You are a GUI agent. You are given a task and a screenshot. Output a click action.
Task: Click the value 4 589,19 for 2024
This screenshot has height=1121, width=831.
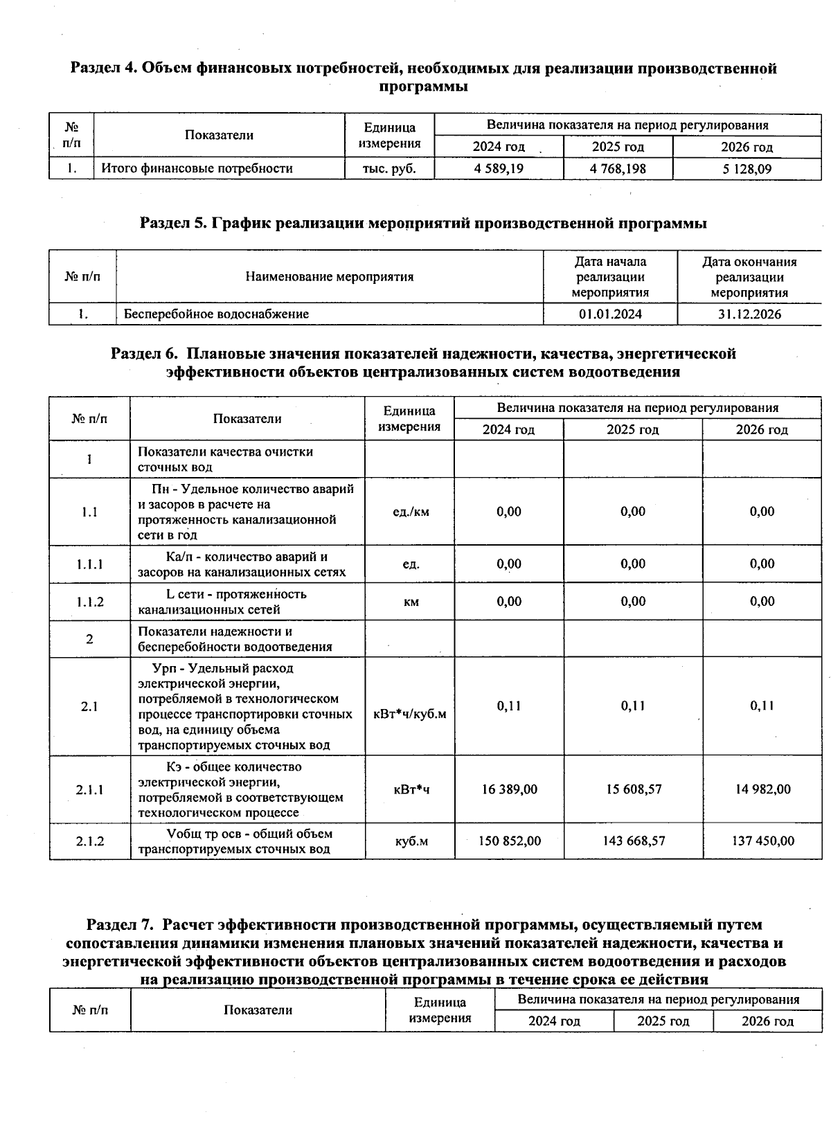[x=499, y=168]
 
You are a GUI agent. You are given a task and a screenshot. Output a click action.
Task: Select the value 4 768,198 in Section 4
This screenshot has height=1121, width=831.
[x=618, y=168]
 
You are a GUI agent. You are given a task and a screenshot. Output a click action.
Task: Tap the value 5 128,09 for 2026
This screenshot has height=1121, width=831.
[x=747, y=169]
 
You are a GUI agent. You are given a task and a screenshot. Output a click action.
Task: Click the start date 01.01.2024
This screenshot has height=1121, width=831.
[x=610, y=314]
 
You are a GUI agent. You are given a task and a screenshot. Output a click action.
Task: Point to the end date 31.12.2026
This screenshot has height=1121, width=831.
[x=749, y=314]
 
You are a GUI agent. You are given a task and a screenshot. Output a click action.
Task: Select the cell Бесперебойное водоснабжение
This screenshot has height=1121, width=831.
[x=217, y=314]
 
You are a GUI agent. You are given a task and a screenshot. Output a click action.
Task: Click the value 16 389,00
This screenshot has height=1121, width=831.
[x=509, y=789]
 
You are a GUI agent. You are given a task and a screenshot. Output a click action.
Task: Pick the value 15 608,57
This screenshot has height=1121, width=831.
[x=633, y=789]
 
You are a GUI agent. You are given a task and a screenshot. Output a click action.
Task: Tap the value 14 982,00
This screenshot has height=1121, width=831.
[x=762, y=789]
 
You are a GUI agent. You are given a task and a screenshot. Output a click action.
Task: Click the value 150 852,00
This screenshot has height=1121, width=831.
[x=510, y=841]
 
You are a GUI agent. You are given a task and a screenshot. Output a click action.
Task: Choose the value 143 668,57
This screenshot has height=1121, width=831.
[x=633, y=841]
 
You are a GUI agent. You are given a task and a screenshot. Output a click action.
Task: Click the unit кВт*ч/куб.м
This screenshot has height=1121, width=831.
[x=410, y=714]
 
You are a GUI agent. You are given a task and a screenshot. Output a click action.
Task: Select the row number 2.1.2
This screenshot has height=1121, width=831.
[x=90, y=841]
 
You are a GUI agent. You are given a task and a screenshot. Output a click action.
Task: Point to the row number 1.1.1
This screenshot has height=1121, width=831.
[x=90, y=564]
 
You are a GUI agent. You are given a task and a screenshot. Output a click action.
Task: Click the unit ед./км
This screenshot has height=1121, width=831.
[x=411, y=512]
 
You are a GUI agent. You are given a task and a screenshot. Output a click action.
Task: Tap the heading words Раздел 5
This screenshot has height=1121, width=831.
[x=174, y=224]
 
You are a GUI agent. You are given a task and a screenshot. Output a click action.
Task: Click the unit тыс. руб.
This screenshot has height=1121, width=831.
[x=389, y=168]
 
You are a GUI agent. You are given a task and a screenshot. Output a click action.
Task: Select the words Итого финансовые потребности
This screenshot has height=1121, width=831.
[x=197, y=168]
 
